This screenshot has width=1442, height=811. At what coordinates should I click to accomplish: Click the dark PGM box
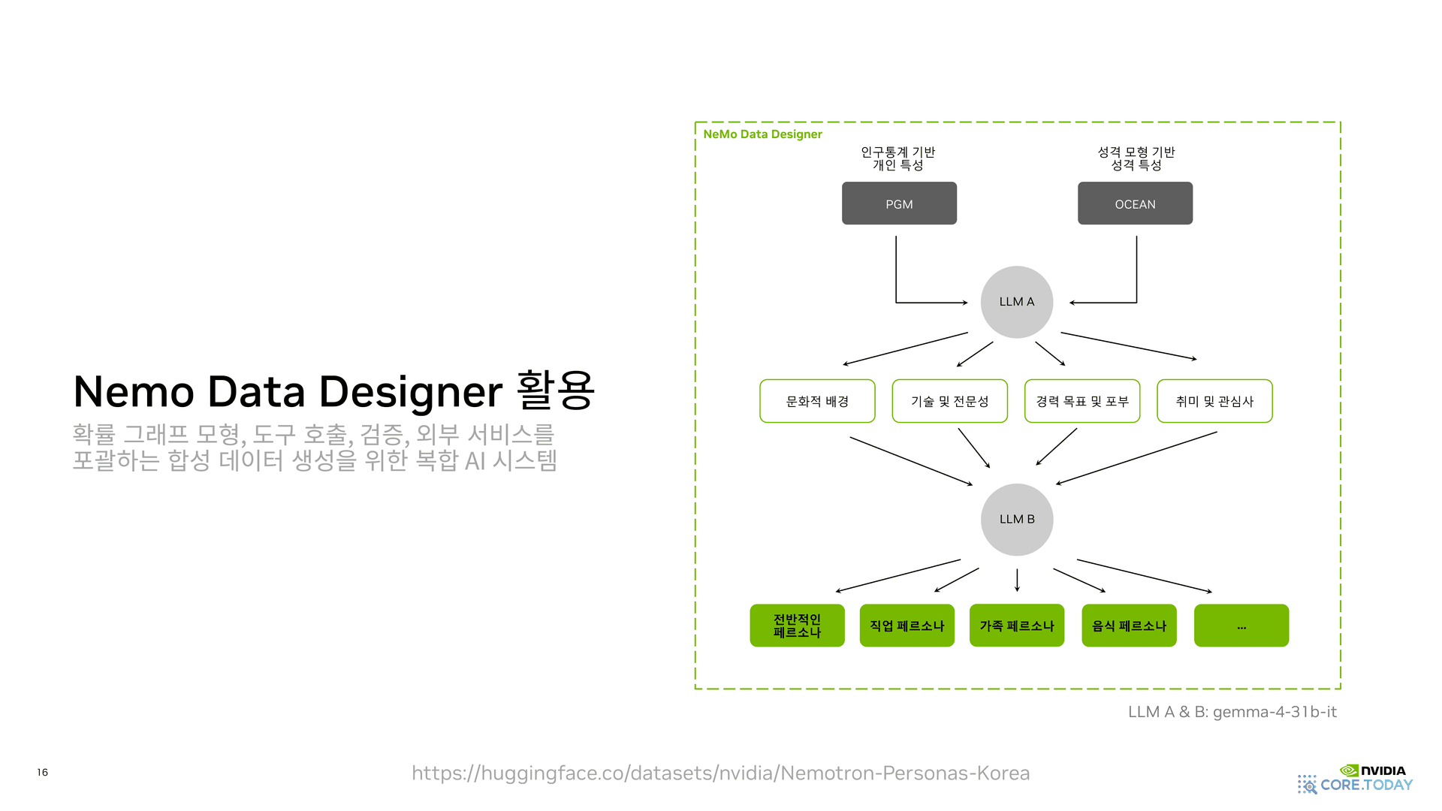899,204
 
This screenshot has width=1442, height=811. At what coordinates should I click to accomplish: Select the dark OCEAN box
1135,204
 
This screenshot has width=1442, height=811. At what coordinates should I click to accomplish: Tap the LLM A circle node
1016,302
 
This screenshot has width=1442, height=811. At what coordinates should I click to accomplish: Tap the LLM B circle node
1016,520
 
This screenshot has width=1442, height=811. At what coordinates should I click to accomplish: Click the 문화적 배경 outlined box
817,401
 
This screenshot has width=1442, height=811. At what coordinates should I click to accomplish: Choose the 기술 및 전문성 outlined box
949,401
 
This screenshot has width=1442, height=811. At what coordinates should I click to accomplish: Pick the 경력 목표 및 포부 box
1081,401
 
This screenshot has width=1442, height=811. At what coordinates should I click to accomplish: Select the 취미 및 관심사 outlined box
1214,401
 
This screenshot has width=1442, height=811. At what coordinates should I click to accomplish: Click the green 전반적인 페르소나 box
797,626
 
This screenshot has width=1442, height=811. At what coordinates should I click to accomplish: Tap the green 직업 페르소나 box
907,626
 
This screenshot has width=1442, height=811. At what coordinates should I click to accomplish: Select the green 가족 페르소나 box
1016,626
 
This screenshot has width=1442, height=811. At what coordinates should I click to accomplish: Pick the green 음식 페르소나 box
1129,626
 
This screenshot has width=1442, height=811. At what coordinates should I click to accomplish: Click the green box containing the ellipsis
1241,626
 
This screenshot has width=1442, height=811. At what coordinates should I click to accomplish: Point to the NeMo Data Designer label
762,134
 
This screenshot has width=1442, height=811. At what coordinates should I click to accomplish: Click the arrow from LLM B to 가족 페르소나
1017,580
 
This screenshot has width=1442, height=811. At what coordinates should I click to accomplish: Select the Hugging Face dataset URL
720,773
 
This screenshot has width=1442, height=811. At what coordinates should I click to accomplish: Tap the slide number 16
43,772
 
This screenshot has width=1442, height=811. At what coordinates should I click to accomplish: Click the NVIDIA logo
1373,770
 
